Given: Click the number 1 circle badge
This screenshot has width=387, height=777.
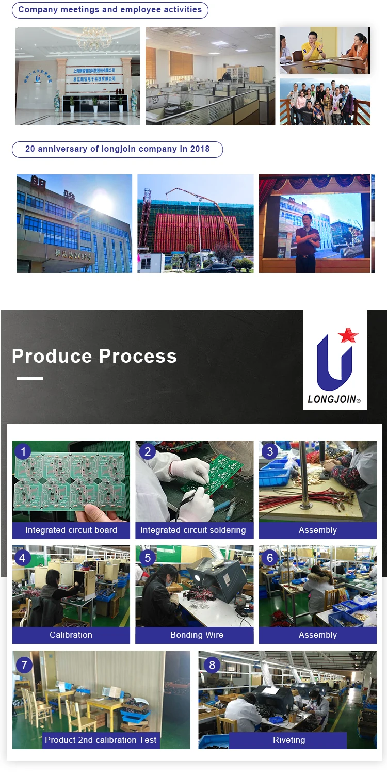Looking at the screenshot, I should pos(23,452).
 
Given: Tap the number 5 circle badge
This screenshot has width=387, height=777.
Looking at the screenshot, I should pos(148,558).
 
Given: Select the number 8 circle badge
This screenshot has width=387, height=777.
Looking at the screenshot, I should pos(212,665).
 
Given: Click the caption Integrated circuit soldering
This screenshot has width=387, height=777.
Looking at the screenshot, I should pos(193,530).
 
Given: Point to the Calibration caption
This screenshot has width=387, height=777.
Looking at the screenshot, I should pos(71,635).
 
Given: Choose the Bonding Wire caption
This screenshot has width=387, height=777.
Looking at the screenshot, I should pos(197,635).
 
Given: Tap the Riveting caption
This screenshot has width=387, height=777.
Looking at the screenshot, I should pos(288,740).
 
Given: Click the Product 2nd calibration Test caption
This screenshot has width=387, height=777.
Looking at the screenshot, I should pos(101,740).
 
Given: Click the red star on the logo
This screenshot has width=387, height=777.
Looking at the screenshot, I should pos(348,335).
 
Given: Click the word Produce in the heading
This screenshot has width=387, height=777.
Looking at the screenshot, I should pos(52,356).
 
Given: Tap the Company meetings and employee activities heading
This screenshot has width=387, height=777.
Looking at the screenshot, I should pos(110,10).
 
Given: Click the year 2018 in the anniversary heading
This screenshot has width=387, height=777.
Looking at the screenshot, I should pos(200,149).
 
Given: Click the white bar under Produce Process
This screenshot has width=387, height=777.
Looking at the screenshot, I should pos(30,379).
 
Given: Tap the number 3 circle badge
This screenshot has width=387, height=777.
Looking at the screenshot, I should pos(270,452).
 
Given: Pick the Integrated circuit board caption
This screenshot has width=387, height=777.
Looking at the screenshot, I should pos(71,530).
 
